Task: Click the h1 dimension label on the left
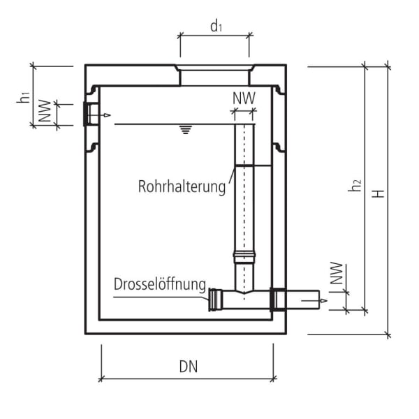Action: tap(23, 97)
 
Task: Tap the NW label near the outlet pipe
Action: tap(337, 274)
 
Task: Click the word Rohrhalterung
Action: tap(182, 186)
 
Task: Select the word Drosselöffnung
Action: tap(160, 284)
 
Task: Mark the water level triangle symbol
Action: tap(185, 130)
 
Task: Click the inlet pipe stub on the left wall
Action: tap(90, 114)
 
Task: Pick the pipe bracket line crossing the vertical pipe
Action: tap(251, 166)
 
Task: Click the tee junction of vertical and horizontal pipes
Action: tap(244, 296)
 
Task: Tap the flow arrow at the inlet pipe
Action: tap(105, 115)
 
